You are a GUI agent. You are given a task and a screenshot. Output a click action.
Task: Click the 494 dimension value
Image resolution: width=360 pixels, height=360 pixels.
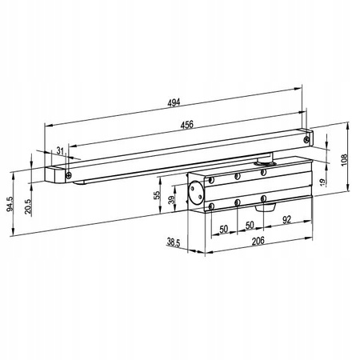click(x=174, y=102)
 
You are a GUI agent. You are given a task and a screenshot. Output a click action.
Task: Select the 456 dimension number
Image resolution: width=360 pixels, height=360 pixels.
click(x=186, y=125)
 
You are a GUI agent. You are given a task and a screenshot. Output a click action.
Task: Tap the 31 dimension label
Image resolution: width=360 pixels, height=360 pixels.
click(x=61, y=151)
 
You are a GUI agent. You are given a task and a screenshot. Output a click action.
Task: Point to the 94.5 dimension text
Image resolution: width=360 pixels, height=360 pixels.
click(x=10, y=204)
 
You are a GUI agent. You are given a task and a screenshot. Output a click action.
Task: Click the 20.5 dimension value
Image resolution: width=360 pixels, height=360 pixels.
click(x=28, y=206)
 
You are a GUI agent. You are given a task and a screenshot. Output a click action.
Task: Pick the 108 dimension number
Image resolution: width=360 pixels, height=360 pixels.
click(x=344, y=160)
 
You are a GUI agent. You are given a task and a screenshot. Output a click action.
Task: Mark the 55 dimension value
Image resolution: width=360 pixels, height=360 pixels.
click(x=157, y=195)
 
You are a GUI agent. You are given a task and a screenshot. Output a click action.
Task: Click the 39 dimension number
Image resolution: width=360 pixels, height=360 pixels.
click(x=172, y=199)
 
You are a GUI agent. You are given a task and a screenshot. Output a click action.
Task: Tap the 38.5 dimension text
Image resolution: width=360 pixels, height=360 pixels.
click(x=174, y=242)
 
